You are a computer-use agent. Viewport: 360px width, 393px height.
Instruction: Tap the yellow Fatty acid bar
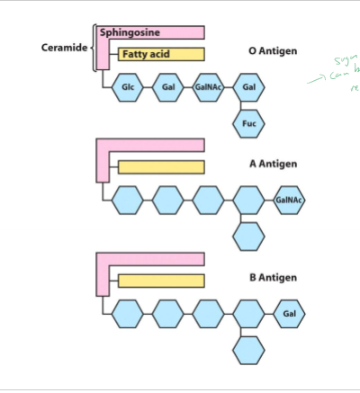[161, 55]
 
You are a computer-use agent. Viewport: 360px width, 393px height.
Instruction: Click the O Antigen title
[273, 51]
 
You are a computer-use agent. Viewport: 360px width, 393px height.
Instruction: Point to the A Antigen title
[273, 164]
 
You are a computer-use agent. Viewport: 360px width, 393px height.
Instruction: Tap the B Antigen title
[273, 278]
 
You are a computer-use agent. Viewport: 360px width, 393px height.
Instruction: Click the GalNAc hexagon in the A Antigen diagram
[289, 200]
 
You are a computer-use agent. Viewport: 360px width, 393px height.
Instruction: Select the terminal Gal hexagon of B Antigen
[289, 314]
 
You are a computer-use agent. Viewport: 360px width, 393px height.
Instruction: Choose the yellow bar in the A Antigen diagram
[161, 166]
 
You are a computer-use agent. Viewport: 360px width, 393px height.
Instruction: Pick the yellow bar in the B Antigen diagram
[161, 281]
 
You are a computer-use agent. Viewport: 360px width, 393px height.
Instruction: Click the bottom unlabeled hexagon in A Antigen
[248, 236]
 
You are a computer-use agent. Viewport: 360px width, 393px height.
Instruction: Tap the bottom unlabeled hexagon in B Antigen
[248, 349]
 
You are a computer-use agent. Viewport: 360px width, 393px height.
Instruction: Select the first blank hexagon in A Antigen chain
[128, 200]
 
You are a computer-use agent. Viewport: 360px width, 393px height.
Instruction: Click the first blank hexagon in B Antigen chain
[128, 314]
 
